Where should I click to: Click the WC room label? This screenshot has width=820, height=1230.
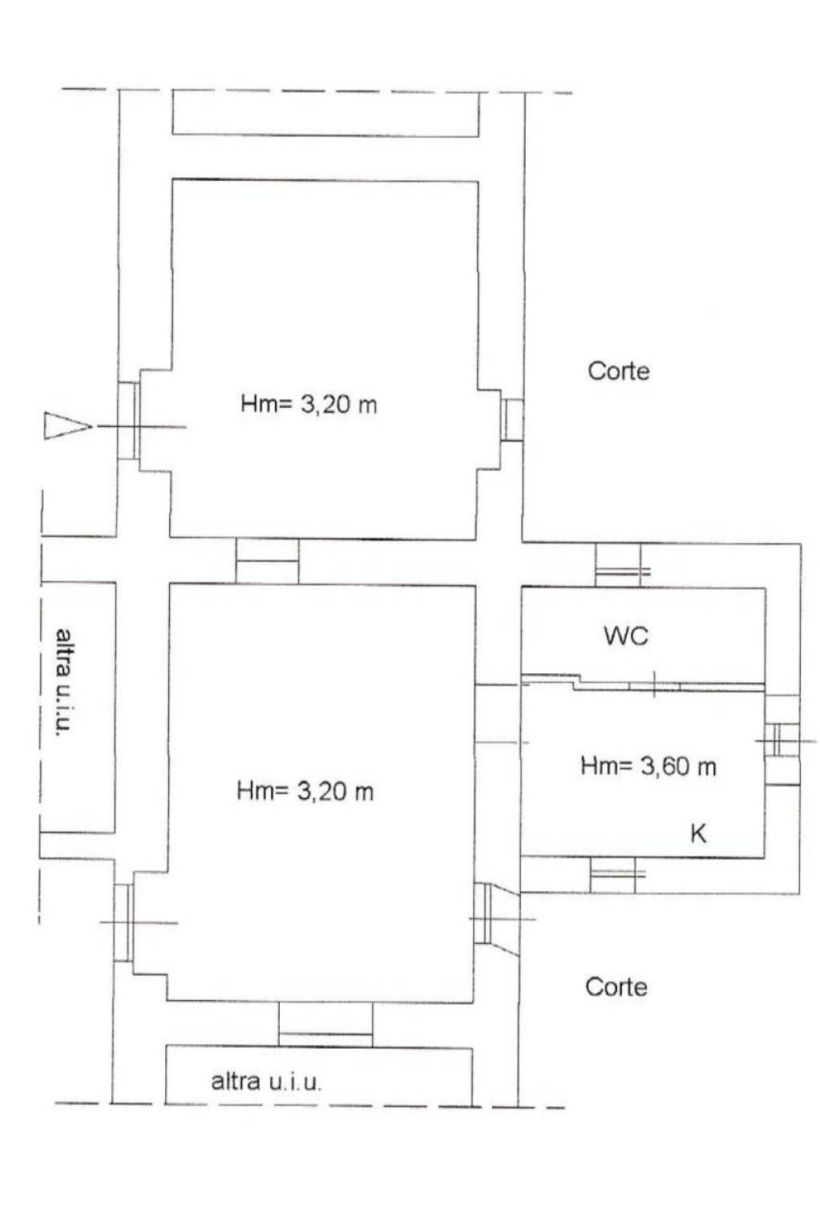[x=625, y=636]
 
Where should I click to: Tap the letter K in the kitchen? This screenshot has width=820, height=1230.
[x=697, y=833]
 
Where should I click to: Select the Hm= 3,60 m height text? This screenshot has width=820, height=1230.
[x=648, y=766]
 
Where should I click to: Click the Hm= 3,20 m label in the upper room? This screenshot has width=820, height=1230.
[x=309, y=405]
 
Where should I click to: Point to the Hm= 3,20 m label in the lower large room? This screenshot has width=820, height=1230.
[x=305, y=791]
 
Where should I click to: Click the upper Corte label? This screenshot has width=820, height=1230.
[x=619, y=371]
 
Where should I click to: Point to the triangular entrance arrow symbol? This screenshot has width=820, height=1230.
[x=67, y=425]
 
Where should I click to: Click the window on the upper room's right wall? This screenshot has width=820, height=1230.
[x=512, y=420]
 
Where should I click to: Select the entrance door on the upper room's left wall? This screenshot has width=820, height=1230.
[x=129, y=421]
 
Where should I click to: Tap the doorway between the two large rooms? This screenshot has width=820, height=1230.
[x=268, y=561]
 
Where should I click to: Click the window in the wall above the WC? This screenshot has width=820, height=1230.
[x=619, y=566]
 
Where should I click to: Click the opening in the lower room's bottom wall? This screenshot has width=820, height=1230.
[x=325, y=1024]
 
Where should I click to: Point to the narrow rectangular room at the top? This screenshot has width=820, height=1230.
[x=325, y=112]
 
